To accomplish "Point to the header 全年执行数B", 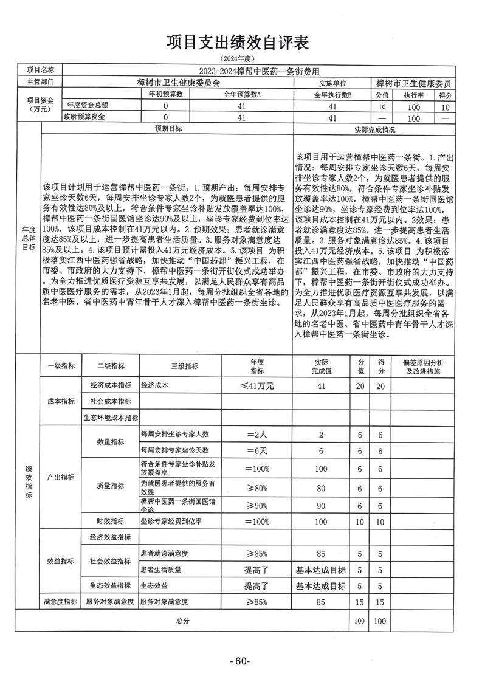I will tap(332, 95).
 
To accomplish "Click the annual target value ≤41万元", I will tap(257, 386).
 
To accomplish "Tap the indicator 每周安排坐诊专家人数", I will tap(174, 434).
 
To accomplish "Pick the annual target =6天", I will tap(257, 450).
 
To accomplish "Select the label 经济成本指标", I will tap(111, 386).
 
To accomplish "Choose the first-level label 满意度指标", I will tap(60, 602).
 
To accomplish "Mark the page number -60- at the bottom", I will tap(241, 661).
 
